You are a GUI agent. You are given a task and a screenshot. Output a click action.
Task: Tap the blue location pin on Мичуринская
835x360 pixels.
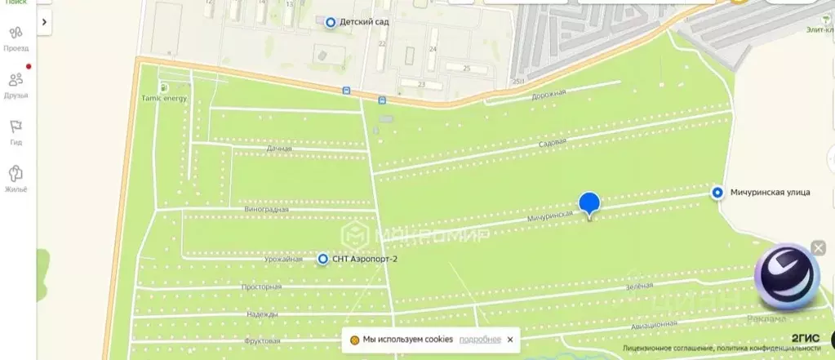click(x=589, y=204)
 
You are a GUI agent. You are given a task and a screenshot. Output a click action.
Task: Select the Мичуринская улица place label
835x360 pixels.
click(x=770, y=193)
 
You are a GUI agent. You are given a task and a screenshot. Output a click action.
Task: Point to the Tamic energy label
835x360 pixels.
click(x=163, y=98)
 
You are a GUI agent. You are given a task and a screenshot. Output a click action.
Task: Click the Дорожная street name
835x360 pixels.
click(x=549, y=93)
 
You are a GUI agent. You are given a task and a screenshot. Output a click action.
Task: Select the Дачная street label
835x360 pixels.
click(x=279, y=149)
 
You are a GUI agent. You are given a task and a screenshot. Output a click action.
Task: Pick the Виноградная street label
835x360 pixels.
click(x=266, y=210)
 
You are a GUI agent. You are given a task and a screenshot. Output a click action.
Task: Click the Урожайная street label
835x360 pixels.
click(x=284, y=259)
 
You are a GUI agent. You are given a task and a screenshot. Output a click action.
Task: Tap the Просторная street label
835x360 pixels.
click(x=261, y=287)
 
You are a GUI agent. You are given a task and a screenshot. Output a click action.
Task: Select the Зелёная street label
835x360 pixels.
click(x=640, y=286)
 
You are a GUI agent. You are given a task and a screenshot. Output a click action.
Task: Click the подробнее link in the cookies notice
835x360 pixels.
click(x=480, y=340)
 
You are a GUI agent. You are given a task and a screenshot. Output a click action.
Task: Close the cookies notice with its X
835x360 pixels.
click(x=510, y=340)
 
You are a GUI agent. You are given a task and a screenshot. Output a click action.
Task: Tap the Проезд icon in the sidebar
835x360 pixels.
click(x=16, y=33)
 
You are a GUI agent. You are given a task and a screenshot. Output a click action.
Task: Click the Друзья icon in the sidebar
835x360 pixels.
click(x=16, y=80)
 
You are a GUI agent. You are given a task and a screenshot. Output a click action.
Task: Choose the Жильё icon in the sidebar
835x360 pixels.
click(x=16, y=174)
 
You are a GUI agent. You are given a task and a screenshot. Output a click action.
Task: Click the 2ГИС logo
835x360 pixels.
click(x=805, y=338)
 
